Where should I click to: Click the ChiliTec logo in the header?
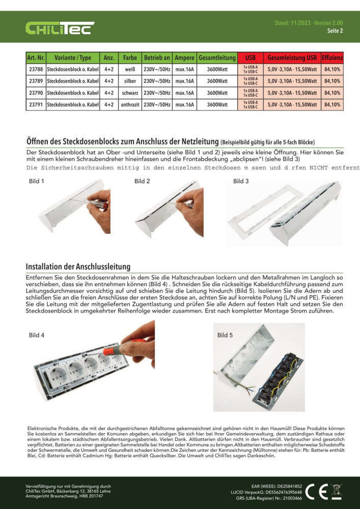(60, 27)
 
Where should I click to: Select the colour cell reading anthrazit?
(129, 105)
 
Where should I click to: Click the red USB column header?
(250, 58)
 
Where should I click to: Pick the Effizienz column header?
(333, 58)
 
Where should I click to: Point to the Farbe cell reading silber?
(129, 81)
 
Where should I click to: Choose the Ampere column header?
(184, 58)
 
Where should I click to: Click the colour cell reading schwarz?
(129, 93)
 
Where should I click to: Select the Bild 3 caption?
(241, 181)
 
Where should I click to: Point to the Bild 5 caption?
(225, 335)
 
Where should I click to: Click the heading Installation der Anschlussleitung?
(78, 267)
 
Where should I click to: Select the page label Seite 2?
(335, 31)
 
